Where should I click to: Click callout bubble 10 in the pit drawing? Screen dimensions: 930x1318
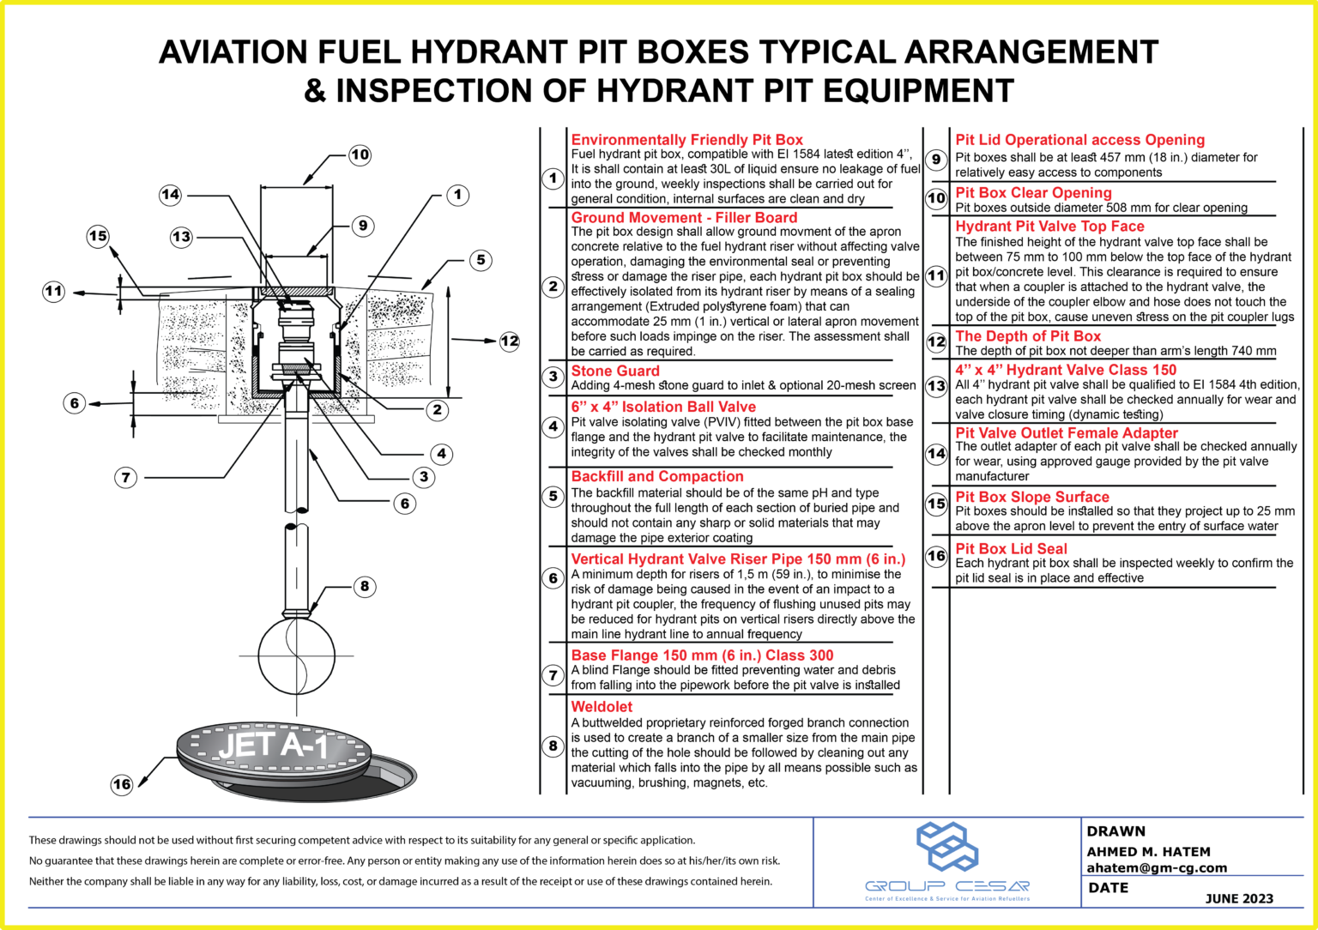pos(360,154)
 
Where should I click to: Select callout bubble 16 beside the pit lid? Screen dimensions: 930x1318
pos(122,783)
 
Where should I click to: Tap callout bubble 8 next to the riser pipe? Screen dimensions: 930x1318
pos(365,586)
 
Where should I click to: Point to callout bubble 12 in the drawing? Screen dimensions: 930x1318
pos(510,341)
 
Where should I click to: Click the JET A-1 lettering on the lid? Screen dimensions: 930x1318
pos(273,746)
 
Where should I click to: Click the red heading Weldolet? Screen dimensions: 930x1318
pos(602,707)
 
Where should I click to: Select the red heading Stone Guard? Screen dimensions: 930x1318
pos(615,371)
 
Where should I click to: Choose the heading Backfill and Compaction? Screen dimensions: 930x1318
pos(657,476)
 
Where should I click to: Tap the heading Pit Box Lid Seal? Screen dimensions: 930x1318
pos(1011,548)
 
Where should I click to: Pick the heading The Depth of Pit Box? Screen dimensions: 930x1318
pos(1027,336)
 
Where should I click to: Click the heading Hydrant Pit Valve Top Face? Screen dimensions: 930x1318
pos(1049,226)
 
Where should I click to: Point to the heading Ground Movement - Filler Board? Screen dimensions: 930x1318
pos(684,218)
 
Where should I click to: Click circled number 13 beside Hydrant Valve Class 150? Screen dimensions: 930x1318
pos(936,386)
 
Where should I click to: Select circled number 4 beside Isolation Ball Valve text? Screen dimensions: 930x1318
pos(553,426)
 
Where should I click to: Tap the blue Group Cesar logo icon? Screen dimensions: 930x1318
pos(946,847)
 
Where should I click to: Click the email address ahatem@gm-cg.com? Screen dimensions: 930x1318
pos(1157,867)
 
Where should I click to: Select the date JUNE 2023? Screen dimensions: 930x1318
pos(1239,898)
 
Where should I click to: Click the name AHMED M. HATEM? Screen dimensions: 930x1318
pos(1148,851)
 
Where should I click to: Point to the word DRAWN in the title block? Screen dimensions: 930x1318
pos(1115,830)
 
